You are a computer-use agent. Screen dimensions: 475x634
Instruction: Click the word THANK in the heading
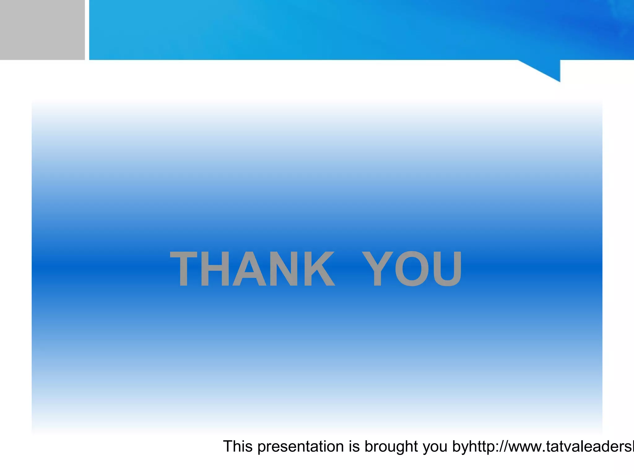(252, 268)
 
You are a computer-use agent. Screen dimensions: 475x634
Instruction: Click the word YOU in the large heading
(412, 268)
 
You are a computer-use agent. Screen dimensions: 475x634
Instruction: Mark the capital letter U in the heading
(446, 268)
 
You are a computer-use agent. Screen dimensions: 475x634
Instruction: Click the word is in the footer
(354, 446)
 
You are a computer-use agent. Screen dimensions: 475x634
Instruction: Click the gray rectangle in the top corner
(42, 30)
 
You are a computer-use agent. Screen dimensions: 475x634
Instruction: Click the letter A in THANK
(249, 268)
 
